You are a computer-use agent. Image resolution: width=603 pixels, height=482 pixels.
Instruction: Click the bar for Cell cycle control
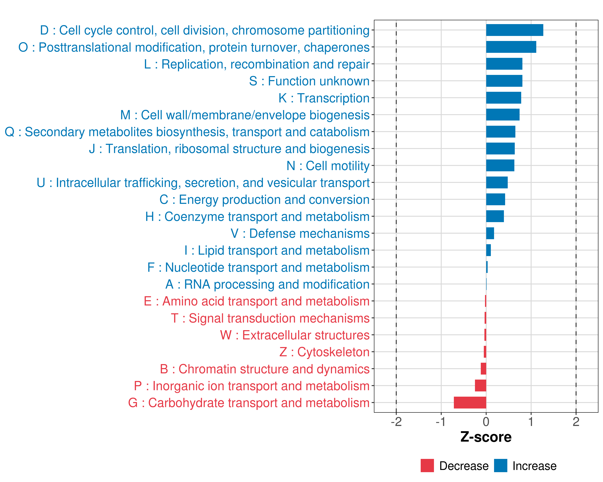coord(514,30)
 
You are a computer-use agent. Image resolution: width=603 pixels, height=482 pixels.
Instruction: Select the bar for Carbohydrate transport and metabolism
coord(470,403)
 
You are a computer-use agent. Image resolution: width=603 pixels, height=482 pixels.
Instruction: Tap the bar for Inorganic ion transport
coord(481,386)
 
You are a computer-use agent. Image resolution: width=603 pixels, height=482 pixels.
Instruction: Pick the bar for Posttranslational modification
coord(511,47)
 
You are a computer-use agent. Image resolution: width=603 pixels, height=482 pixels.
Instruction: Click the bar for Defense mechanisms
coord(490,233)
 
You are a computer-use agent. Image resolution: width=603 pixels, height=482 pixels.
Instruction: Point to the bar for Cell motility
coord(500,165)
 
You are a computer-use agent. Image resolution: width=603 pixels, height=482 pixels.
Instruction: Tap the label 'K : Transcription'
coord(324,98)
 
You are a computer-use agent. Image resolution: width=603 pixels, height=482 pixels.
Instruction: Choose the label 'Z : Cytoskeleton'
coord(324,352)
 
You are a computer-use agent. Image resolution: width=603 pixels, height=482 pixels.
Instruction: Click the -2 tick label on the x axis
coord(396,422)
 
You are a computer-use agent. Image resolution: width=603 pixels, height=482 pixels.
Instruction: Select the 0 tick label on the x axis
coord(486,422)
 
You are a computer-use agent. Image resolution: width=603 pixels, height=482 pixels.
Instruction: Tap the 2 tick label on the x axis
coord(576,422)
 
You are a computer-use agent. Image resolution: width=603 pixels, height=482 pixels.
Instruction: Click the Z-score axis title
coord(486,437)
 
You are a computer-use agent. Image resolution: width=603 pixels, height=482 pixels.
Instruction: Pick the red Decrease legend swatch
coord(427,466)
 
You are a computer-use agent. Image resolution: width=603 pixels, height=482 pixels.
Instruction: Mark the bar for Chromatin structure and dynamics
coord(483,369)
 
